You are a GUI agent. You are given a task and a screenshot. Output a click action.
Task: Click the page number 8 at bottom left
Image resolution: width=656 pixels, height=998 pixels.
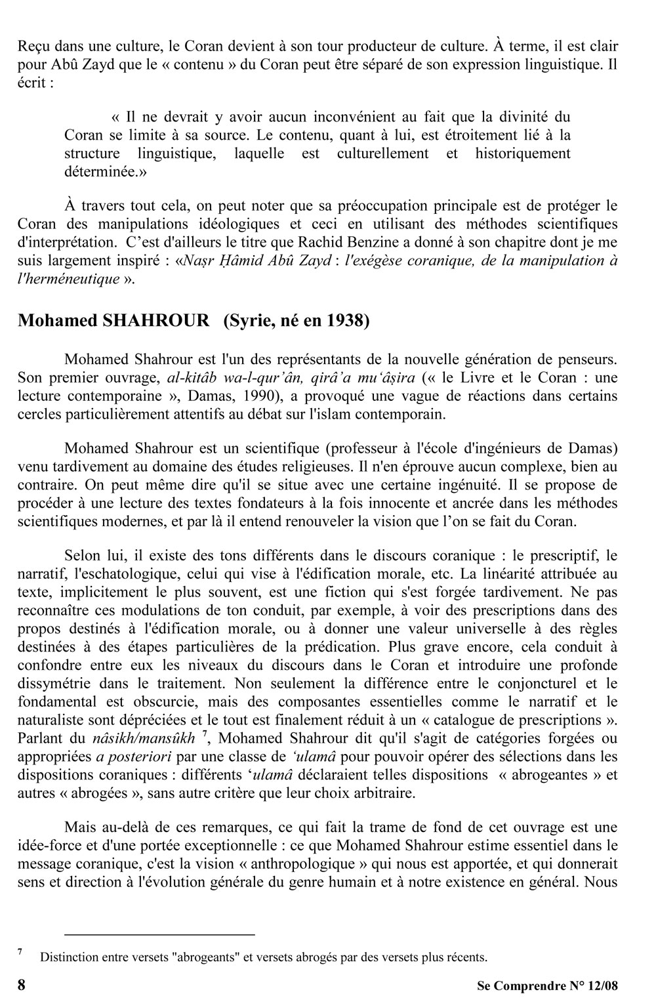[22, 985]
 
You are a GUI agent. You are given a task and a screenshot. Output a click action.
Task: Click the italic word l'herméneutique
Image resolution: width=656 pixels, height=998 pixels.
[68, 279]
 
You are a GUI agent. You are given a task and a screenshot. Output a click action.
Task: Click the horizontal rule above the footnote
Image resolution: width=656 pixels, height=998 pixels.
[159, 934]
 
